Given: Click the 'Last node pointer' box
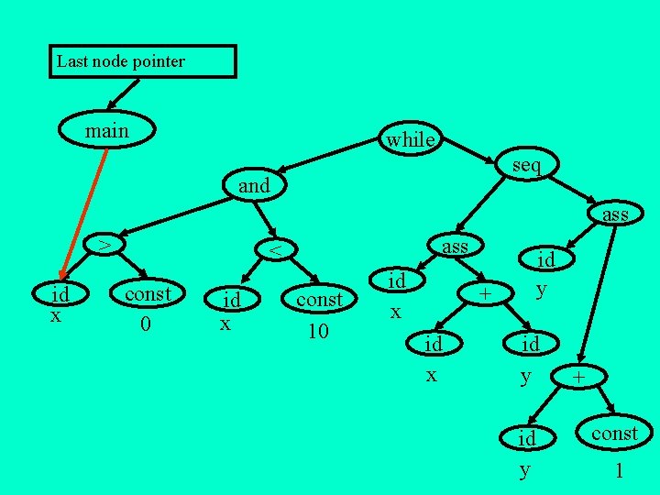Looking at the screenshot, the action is point(142,62).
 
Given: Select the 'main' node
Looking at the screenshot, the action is point(107,132).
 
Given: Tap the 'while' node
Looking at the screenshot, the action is point(410,139).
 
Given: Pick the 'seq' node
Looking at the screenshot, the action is point(526,165).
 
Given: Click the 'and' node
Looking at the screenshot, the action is point(254,185).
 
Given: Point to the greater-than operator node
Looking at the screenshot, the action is point(106,245).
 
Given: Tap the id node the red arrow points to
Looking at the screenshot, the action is point(60,294).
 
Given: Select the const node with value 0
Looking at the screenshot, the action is point(148,294).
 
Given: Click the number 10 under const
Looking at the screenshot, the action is point(317,330).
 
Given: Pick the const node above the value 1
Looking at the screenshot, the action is point(613,433).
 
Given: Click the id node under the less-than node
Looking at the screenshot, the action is point(233,300).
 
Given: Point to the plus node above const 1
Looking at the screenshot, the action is point(578,377).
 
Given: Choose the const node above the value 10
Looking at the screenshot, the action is point(319,300).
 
